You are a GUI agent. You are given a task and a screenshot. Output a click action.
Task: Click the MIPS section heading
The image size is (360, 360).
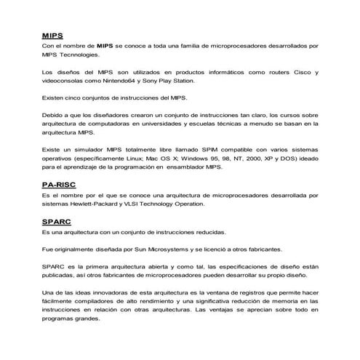51,34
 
